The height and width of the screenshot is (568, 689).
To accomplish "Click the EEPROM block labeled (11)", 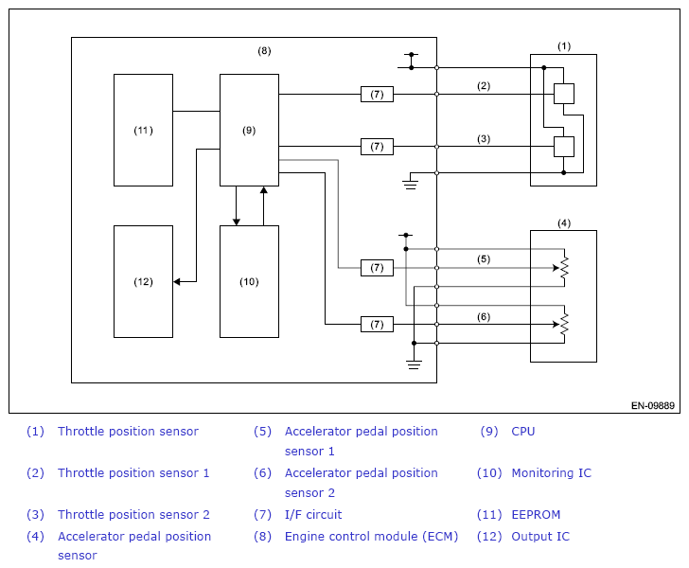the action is [x=143, y=130].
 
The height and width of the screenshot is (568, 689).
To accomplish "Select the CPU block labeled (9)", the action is [x=249, y=130].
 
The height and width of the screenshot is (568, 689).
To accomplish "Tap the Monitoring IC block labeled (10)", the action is [x=249, y=282].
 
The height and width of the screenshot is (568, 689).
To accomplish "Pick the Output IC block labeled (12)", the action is [x=143, y=282].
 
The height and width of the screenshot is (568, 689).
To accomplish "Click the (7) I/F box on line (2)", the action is [x=377, y=94].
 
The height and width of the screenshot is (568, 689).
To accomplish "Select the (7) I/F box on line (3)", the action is [x=377, y=147].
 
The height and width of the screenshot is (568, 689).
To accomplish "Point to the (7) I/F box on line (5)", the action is [x=377, y=268].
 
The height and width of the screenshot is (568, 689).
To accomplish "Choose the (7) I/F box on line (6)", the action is [x=377, y=325].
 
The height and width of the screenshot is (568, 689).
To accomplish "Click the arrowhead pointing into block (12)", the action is [x=177, y=282].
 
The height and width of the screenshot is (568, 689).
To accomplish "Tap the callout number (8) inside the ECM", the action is [x=264, y=51].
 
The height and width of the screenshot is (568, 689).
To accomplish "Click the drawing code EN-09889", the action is [x=653, y=406].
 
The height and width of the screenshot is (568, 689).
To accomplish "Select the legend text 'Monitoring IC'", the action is [x=552, y=473].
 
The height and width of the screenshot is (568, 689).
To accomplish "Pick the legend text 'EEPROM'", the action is [x=536, y=514].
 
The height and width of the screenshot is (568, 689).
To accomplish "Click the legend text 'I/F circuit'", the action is [x=313, y=514].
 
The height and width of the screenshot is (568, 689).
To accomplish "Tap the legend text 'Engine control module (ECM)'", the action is [x=371, y=537].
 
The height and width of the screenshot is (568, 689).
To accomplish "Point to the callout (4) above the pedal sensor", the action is [x=564, y=223].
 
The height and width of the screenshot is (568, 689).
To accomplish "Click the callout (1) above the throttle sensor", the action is [x=564, y=46].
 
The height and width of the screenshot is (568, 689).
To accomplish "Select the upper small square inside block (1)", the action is [x=564, y=94].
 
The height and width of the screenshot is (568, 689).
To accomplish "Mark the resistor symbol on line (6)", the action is [x=564, y=325].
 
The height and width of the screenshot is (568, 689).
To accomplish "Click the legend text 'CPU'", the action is [x=523, y=432].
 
